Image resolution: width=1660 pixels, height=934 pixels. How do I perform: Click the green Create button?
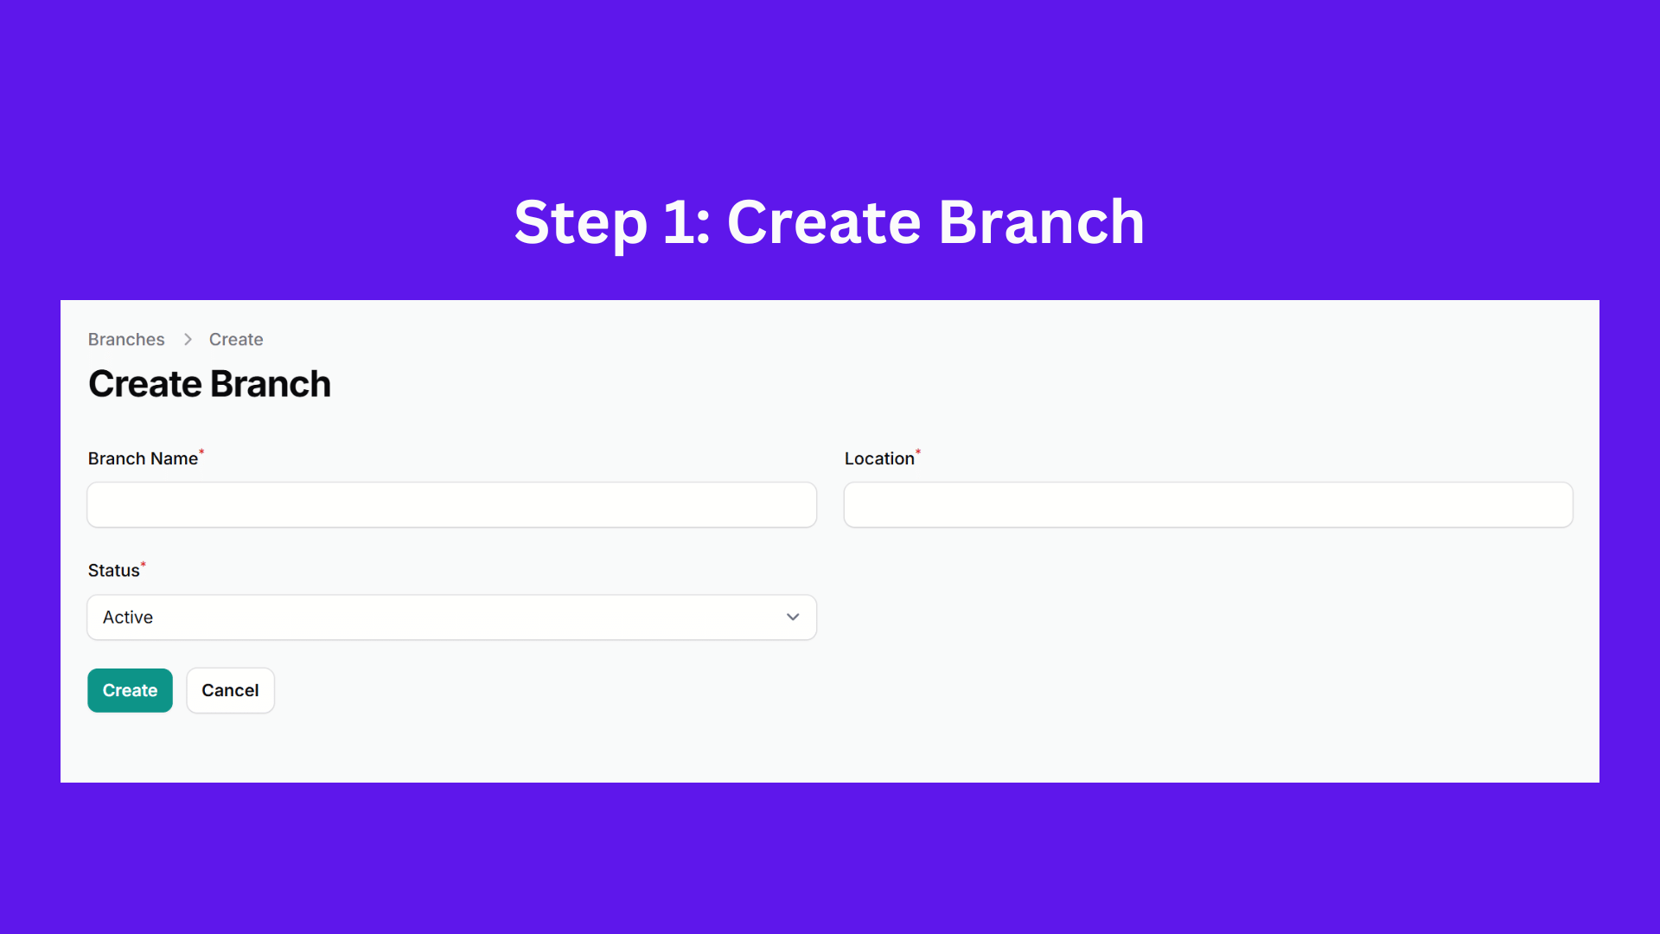tap(130, 690)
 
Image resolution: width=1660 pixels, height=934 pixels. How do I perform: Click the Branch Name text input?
tap(451, 505)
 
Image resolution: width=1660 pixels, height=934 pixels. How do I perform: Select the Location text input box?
tap(1208, 505)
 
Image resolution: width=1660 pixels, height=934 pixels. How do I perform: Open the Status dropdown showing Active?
tap(451, 617)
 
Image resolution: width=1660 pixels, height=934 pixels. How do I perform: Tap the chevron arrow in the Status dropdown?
tap(793, 617)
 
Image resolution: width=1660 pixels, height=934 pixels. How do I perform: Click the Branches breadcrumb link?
tap(126, 340)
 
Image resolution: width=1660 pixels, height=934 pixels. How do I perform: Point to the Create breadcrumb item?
tap(236, 340)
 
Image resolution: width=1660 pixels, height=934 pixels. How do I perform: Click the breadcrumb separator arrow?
tap(188, 340)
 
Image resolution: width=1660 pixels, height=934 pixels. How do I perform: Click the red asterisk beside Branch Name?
tap(201, 451)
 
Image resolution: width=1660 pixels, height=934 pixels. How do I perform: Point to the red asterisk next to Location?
tap(918, 451)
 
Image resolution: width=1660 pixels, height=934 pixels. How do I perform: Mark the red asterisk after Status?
tap(144, 564)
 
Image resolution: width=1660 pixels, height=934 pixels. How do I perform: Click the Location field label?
tap(879, 458)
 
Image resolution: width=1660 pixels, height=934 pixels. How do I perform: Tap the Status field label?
tap(113, 571)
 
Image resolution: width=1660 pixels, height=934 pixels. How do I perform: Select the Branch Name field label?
tap(143, 458)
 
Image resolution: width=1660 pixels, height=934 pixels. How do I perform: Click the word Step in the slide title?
tap(580, 223)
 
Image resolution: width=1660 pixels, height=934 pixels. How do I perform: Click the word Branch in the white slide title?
tap(1041, 221)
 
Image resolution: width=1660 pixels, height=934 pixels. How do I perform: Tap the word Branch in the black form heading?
tap(271, 384)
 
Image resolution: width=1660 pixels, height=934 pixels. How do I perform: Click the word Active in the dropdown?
tap(128, 617)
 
